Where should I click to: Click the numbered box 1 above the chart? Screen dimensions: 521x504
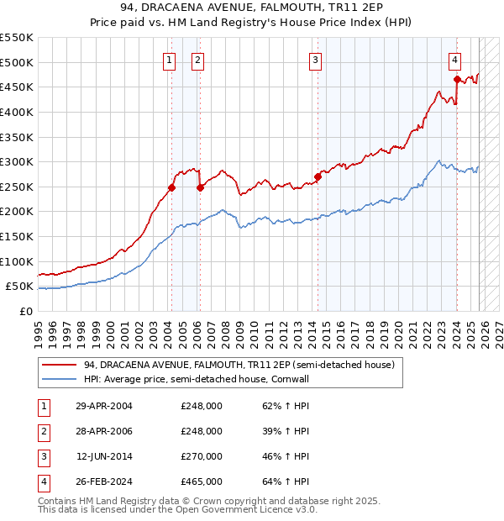click(170, 60)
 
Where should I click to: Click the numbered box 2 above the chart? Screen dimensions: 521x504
click(197, 60)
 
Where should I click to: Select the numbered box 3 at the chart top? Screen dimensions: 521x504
click(315, 60)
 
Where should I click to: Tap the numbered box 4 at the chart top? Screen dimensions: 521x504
click(454, 60)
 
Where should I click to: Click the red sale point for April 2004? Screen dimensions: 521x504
click(171, 188)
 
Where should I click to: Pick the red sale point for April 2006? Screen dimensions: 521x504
click(200, 188)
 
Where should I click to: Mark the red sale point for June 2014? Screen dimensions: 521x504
click(318, 176)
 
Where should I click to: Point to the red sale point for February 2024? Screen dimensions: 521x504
click(457, 80)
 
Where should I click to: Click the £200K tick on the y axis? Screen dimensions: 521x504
click(17, 212)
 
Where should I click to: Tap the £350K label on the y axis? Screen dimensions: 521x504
click(17, 137)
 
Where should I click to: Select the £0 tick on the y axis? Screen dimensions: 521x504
click(25, 312)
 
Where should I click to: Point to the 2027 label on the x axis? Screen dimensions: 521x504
click(496, 329)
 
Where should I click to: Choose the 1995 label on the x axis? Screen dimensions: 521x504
click(38, 329)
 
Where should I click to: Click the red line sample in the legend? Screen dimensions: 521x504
click(59, 365)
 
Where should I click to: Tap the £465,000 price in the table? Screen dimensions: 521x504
click(202, 482)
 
